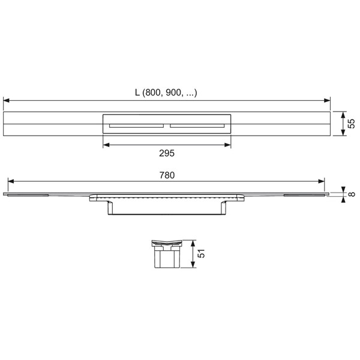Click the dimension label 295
click(166, 154)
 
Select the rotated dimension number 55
click(352, 124)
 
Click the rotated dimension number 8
click(352, 194)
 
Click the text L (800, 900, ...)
click(166, 92)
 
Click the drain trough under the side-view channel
click(166, 208)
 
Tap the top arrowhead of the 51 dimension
click(192, 244)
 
